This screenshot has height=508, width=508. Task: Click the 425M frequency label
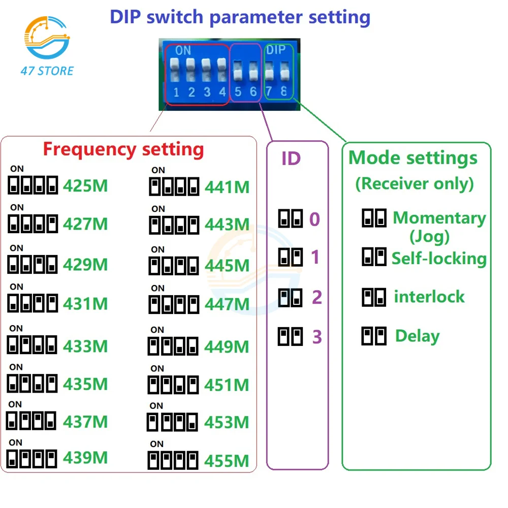pos(85,186)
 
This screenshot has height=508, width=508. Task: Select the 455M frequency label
pos(227,461)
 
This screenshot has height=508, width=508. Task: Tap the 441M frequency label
pos(227,187)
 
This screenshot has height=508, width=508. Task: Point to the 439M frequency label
pos(85,458)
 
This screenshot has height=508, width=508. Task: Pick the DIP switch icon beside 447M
pos(174,305)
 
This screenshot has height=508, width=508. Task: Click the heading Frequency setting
pos(123,149)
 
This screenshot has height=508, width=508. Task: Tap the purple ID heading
pos(291,158)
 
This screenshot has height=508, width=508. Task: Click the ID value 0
pos(315,219)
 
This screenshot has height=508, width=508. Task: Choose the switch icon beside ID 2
pos(291,297)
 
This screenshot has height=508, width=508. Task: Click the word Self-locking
pos(439,258)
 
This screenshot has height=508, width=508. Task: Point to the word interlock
pos(429,297)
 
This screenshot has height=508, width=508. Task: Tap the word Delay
pos(417,336)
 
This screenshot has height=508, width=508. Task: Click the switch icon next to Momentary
pos(374,218)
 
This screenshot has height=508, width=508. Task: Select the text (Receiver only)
pos(414,183)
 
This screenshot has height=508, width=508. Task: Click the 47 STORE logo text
pos(47,71)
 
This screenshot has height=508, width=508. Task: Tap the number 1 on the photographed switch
pos(176,92)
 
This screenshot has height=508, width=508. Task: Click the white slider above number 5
pos(238,72)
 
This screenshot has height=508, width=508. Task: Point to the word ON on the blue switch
pos(183,51)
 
